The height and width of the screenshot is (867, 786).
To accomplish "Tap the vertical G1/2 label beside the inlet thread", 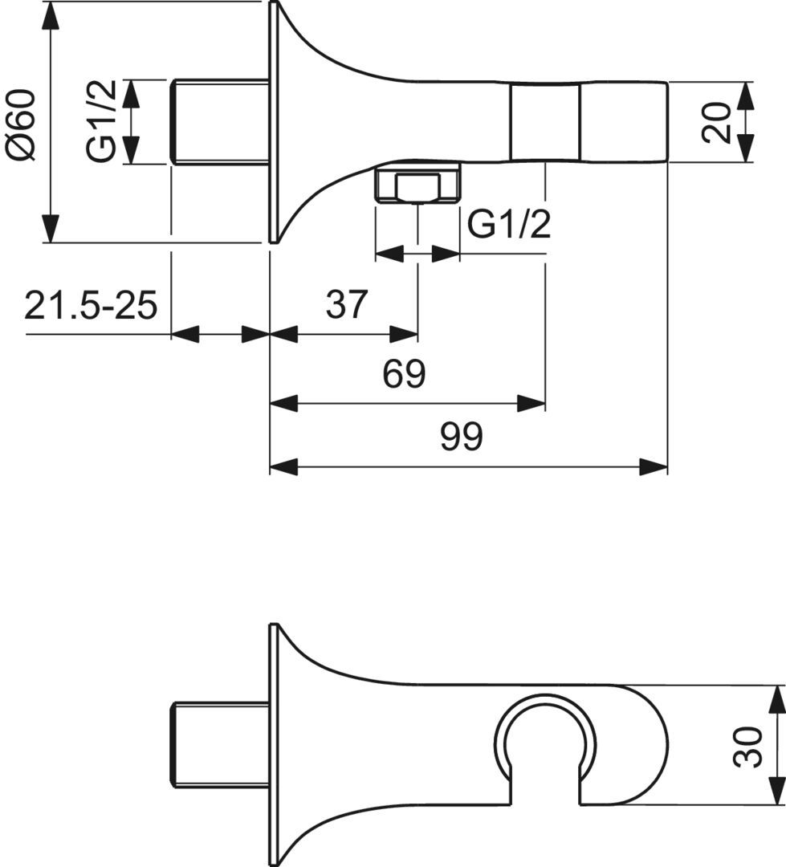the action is (102, 121).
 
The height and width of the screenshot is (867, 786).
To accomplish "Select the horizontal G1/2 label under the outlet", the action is (510, 224).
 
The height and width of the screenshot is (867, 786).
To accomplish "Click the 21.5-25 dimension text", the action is (91, 305).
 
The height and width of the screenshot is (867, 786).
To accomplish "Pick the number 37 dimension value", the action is (347, 304).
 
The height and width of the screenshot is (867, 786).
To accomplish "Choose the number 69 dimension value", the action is (405, 374).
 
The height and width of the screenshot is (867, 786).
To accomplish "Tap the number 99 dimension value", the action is (462, 436).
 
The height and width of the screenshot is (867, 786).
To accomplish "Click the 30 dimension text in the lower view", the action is (747, 747).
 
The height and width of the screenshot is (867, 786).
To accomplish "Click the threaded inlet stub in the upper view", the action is (220, 122).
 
